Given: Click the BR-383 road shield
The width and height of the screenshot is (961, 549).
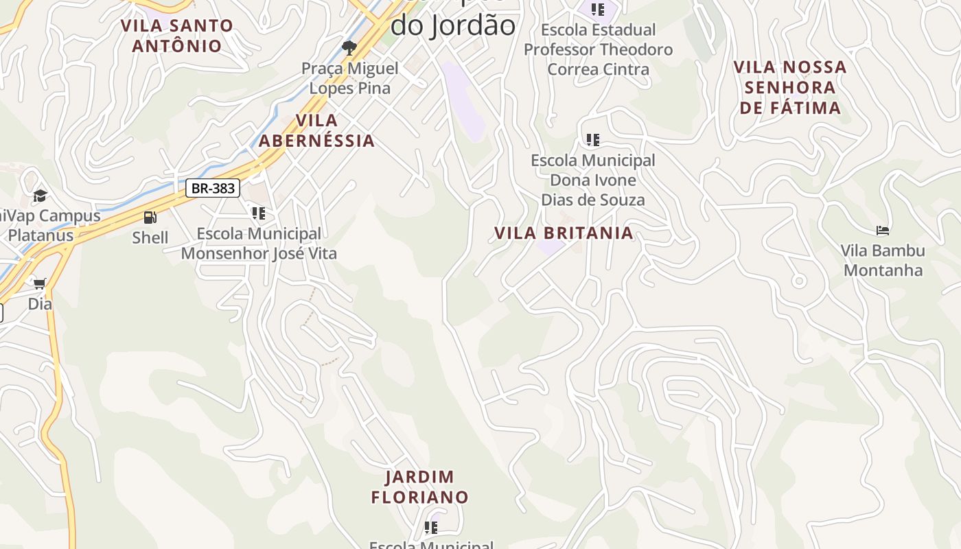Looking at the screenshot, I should coord(213,188).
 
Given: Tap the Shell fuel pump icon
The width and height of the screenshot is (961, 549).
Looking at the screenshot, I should coord(150,218).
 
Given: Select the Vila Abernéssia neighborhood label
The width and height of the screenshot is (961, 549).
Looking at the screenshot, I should coord(316,130).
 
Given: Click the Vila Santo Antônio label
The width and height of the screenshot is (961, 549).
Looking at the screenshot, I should coord(177,36).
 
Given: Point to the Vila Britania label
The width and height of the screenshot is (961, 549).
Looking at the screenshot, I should coord(564,233).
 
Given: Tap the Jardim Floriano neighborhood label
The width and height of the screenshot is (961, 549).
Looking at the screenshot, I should coord(420,487).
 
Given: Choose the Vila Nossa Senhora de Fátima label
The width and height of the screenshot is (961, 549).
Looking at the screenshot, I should coord(789,87).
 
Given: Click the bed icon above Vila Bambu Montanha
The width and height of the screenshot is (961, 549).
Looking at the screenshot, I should coord(883,231).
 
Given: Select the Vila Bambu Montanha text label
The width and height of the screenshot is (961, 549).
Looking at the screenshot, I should coord(883,260).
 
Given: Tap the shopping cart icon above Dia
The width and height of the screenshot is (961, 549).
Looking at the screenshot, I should coord(40,283).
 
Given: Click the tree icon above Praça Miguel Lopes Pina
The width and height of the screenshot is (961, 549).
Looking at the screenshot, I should coord(349,47).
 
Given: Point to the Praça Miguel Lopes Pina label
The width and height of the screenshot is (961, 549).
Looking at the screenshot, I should coord(350,78).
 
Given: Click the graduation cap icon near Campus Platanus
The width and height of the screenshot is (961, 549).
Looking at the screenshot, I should coord(40,196).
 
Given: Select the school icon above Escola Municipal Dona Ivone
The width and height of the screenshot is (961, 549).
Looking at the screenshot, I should coord(593,140).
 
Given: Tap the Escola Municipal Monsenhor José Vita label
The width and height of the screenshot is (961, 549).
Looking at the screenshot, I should coord(259,244).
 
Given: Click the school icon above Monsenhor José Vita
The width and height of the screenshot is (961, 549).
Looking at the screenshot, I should coord(258,213).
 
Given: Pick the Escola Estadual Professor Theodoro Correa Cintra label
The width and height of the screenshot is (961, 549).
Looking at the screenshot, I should coord(598,49).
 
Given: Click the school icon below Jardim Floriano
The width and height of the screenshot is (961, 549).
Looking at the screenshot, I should coord(431,527).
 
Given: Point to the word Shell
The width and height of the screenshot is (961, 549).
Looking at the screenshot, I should coord(150,237).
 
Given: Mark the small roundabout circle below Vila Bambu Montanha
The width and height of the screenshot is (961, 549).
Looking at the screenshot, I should coord(798,281).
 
